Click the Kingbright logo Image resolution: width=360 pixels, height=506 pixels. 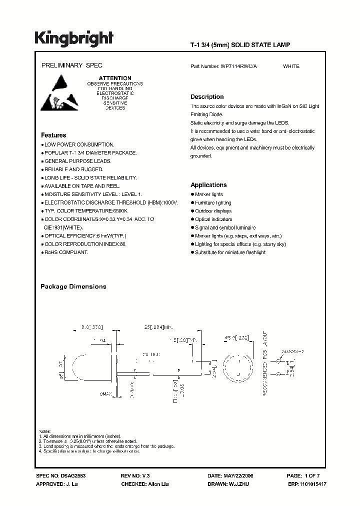tap(74, 37)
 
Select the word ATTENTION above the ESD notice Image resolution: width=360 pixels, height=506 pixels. tap(115, 78)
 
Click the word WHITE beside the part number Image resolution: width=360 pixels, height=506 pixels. tap(291, 66)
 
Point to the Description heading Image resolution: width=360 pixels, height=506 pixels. tap(207, 97)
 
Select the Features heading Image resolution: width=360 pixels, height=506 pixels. tap(53, 135)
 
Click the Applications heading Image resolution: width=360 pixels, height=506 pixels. tap(208, 185)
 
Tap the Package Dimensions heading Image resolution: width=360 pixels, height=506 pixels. tap(73, 286)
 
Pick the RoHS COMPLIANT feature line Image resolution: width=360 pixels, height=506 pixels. tap(66, 252)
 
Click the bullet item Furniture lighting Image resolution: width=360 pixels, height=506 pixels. tap(213, 202)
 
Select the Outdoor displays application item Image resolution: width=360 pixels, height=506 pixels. tap(212, 211)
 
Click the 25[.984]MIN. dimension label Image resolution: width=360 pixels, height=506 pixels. tap(158, 326)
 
